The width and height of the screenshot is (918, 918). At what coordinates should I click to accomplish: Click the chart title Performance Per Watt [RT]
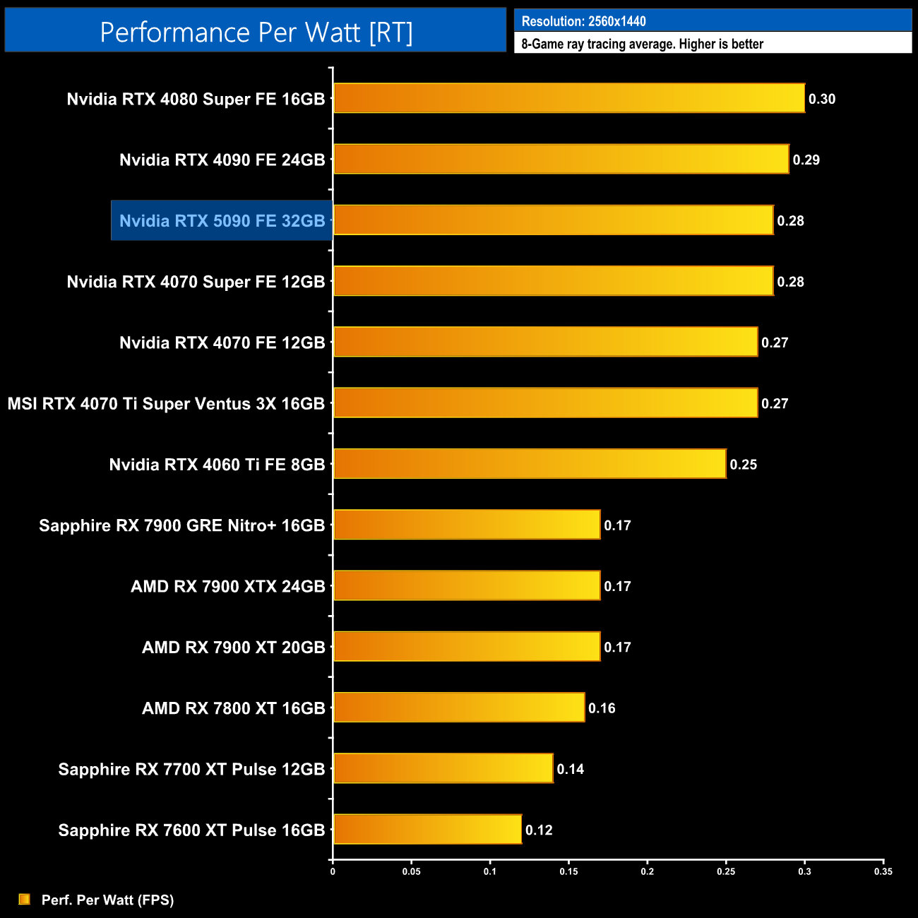point(256,32)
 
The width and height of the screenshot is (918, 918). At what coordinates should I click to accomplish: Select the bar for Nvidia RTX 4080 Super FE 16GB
point(568,98)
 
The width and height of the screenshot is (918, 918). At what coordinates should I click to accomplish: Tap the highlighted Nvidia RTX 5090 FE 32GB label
point(222,221)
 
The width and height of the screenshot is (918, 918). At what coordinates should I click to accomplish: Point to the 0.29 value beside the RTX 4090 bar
point(806,160)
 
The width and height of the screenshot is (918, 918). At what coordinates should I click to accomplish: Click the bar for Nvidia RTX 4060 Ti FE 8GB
point(530,464)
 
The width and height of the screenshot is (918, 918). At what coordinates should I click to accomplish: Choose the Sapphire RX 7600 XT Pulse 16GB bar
point(427,829)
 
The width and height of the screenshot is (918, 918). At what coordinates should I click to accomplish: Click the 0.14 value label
point(570,769)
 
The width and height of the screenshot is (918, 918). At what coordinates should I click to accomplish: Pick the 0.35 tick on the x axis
point(883,871)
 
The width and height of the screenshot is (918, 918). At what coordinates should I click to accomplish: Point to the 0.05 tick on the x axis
point(411,871)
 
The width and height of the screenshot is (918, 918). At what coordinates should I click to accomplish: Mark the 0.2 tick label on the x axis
point(647,871)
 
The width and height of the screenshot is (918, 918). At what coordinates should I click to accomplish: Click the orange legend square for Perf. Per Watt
point(25,899)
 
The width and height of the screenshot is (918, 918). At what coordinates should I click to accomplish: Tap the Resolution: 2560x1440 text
point(583,21)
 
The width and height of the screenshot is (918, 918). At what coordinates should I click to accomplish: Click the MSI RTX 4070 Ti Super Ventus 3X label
point(166,404)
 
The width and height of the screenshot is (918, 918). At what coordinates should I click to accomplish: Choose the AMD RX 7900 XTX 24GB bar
point(467,585)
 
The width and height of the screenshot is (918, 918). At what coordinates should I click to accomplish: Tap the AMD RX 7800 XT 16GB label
point(233,708)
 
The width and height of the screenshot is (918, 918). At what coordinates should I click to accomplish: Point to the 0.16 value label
point(602,708)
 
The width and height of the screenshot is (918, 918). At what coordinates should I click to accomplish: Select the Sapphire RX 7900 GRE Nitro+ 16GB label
point(181,525)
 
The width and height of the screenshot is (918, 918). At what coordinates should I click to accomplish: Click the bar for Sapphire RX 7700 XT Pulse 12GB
point(443,768)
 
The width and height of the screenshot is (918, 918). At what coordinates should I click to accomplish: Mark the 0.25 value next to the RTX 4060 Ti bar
point(743,465)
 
